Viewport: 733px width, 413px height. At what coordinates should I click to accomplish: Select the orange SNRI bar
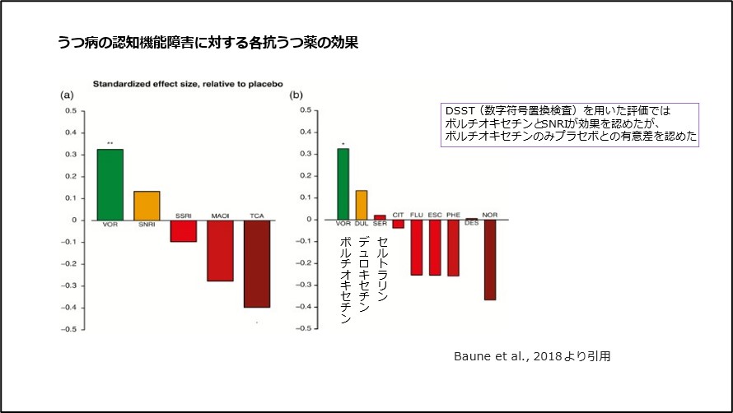pos(147,205)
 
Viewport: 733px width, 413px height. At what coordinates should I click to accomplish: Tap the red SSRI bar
pos(184,230)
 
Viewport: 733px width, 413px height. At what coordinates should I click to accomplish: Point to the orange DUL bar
pos(362,205)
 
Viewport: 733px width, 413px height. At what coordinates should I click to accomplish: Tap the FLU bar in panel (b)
pos(417,247)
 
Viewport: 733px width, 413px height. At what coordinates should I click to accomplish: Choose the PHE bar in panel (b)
pos(453,248)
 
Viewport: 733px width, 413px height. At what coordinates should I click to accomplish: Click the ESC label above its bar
pos(435,215)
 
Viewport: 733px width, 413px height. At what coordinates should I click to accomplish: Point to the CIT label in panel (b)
pos(398,215)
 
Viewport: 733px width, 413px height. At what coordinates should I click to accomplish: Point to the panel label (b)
pos(296,95)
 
